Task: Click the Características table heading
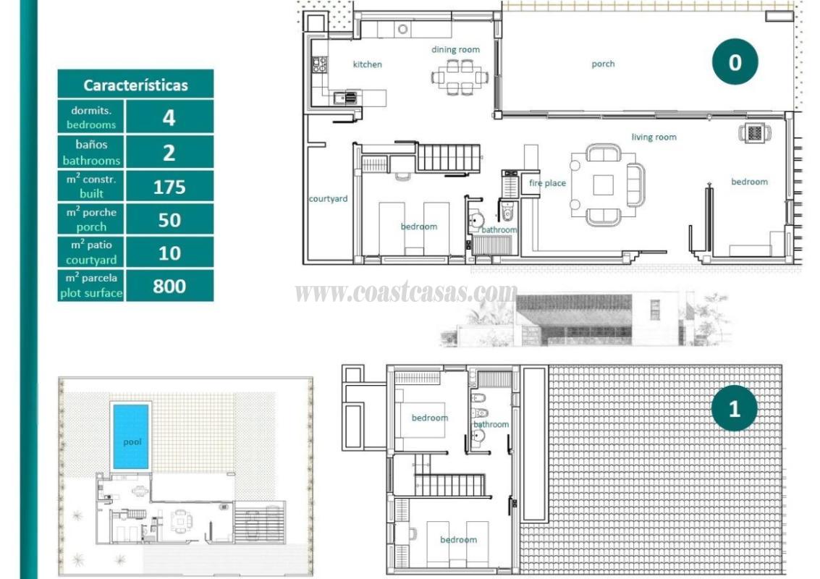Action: tap(135, 85)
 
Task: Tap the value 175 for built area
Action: tap(169, 187)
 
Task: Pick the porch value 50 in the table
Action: tap(169, 220)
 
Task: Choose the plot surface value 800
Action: tap(169, 287)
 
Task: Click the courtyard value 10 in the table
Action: tap(169, 253)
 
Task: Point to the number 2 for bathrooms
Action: tap(169, 153)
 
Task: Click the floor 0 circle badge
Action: tap(735, 63)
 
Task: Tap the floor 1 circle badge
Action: tap(734, 408)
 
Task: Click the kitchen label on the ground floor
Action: tap(367, 64)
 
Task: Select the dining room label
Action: tap(455, 49)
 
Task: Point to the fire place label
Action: tap(547, 183)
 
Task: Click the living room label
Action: tap(654, 137)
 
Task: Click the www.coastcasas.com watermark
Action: tap(406, 292)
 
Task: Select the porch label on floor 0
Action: tap(603, 64)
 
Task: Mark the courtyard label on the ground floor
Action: tap(328, 198)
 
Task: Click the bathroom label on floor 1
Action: tap(491, 424)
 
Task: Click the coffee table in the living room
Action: tap(603, 185)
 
